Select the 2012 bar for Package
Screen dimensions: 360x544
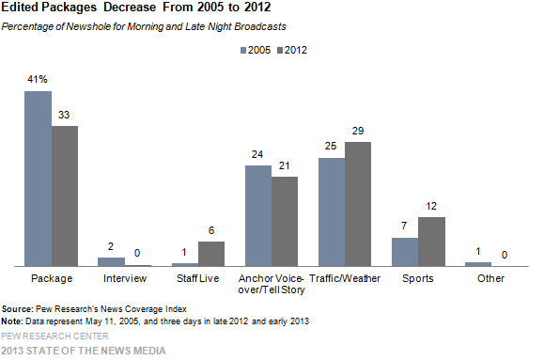(x=64, y=196)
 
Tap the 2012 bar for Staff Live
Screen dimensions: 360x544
(x=211, y=254)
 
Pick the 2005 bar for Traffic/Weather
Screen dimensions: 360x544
(x=332, y=212)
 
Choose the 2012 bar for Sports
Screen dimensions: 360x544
(x=431, y=242)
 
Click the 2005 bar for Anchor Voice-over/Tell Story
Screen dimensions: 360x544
(x=258, y=215)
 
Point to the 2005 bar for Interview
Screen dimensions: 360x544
(x=111, y=262)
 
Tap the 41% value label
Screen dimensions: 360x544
(x=38, y=83)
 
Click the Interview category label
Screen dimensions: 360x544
(x=124, y=279)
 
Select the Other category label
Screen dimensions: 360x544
(x=490, y=279)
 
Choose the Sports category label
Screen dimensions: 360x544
(x=418, y=279)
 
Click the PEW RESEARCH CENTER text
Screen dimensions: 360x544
(x=54, y=335)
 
